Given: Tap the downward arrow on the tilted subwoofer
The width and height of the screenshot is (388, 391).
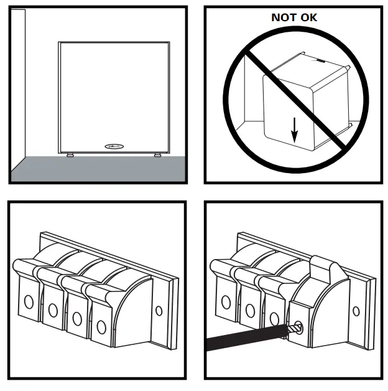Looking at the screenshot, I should click(295, 128).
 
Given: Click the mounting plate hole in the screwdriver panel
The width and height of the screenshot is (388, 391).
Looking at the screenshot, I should click(356, 311).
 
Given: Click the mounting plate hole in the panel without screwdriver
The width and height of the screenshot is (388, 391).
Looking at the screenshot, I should click(159, 311).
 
